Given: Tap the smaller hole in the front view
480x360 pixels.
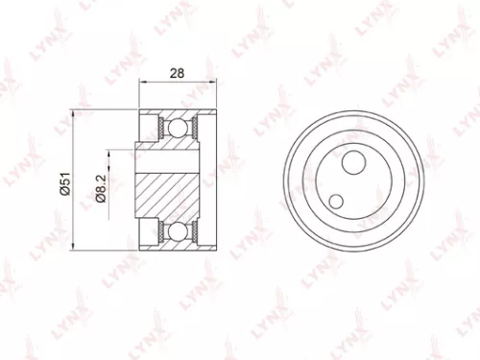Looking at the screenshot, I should coord(337,201).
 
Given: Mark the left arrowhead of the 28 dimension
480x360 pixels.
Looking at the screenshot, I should coord(143,84).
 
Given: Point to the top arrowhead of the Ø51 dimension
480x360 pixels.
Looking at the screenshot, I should coord(76,114).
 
